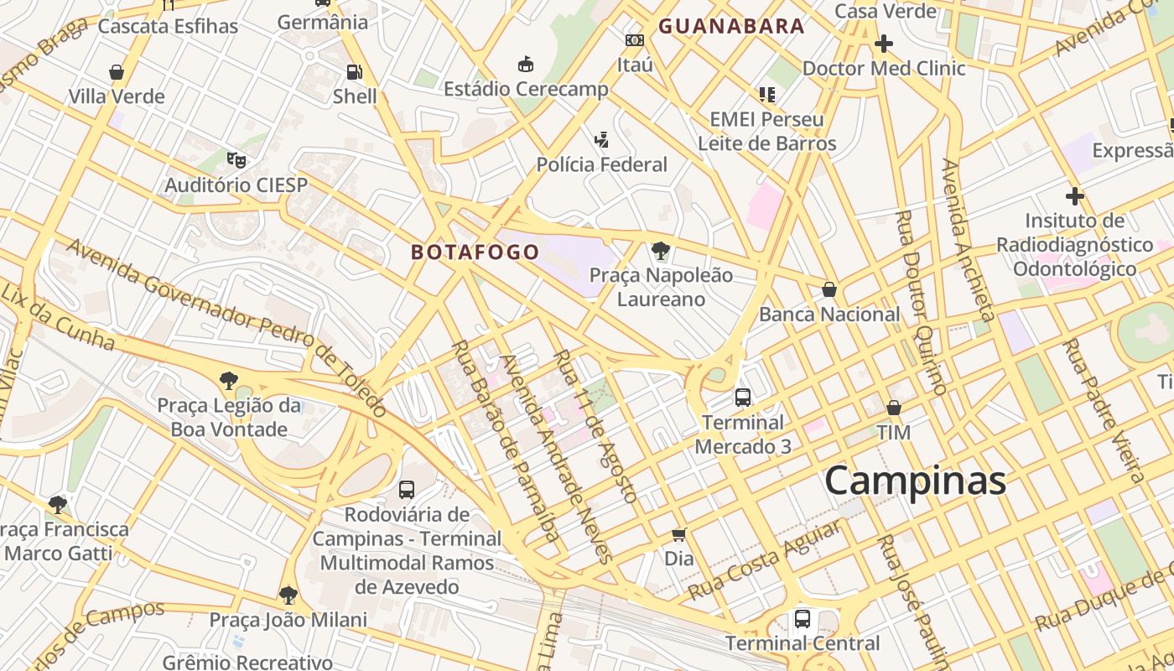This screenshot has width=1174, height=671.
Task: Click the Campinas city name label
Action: (915, 481)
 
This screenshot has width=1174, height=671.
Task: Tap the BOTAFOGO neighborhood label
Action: (475, 252)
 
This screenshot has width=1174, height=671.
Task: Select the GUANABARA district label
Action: (731, 26)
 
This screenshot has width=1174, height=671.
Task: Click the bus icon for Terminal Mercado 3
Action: (743, 397)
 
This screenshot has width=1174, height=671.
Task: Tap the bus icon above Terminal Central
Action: (803, 619)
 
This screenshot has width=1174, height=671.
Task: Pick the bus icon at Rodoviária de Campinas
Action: (407, 489)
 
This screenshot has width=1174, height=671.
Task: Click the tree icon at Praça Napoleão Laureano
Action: (661, 250)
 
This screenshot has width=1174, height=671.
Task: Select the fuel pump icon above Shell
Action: (355, 72)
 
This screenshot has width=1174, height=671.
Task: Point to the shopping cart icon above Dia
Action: (679, 534)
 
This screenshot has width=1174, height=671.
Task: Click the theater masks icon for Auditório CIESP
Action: (236, 159)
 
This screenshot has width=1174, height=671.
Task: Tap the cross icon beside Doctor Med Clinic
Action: (884, 43)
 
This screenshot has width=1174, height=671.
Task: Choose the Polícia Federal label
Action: (602, 164)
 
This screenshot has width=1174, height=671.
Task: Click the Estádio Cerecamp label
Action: (526, 89)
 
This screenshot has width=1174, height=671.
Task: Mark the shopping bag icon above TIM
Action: (894, 408)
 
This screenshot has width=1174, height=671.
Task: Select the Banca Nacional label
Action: (829, 315)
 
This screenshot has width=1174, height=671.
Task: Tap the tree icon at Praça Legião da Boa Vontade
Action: (228, 381)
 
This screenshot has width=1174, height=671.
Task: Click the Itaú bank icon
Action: (635, 40)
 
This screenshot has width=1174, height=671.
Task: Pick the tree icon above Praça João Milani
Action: (288, 596)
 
